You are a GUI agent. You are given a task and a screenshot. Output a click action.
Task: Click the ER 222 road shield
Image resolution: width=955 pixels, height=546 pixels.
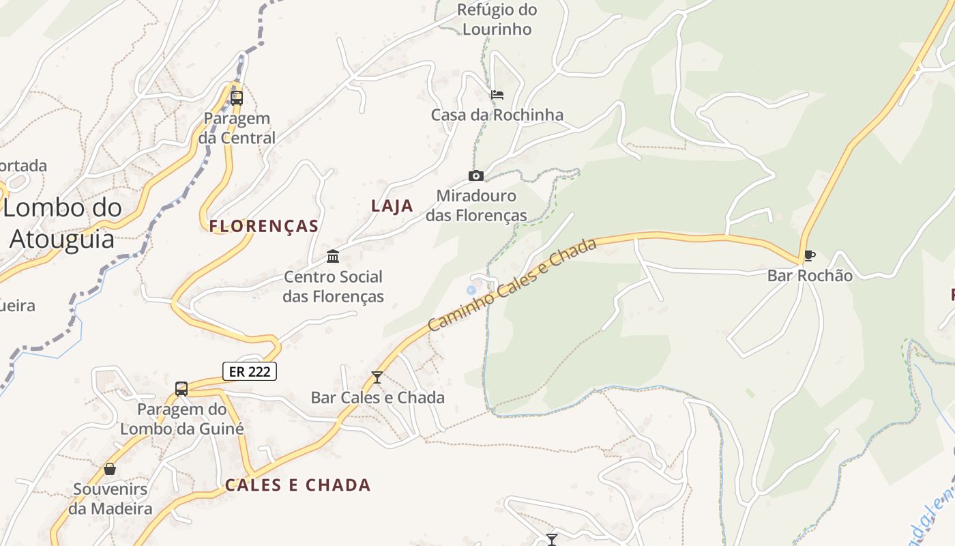250,371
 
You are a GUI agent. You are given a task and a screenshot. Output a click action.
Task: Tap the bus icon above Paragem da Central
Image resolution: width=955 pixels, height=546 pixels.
237,98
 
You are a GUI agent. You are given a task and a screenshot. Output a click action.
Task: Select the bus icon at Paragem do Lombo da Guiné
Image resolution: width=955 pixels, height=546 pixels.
181,389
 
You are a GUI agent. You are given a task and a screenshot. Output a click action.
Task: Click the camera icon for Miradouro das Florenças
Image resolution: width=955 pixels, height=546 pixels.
476,176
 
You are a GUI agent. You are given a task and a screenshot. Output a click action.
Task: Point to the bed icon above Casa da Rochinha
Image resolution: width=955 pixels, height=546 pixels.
497,95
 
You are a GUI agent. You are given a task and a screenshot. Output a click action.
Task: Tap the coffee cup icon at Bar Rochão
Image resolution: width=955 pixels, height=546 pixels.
809,256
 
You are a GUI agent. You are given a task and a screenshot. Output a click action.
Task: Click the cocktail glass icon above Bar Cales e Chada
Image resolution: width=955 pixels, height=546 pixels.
377,377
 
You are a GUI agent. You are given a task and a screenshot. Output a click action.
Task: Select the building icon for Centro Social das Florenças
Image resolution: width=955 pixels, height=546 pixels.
333,257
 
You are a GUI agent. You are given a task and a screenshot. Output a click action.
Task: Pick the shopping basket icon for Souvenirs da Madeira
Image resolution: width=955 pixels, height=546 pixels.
110,469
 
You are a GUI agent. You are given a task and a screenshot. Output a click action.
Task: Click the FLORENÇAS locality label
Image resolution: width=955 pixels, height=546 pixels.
264,226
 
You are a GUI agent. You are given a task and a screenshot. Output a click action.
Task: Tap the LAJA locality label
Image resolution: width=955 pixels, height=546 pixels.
392,205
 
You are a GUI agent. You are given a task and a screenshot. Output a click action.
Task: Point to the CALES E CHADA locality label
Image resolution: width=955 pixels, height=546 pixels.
298,485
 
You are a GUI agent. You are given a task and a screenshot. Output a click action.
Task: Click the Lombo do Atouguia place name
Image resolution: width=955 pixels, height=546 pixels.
62,223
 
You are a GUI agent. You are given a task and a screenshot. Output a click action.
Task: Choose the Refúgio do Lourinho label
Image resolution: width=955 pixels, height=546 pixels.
497,20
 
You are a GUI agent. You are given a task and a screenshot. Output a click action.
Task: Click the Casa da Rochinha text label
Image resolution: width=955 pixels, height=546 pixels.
497,115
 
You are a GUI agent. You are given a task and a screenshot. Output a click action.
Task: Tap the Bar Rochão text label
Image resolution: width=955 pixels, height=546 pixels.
810,276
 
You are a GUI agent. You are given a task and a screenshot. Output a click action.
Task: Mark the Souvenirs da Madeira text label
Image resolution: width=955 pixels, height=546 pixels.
110,499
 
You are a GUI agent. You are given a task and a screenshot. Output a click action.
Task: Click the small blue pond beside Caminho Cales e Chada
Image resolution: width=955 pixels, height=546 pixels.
471,291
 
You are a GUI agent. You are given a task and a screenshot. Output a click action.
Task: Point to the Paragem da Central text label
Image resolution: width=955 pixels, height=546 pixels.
237,128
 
